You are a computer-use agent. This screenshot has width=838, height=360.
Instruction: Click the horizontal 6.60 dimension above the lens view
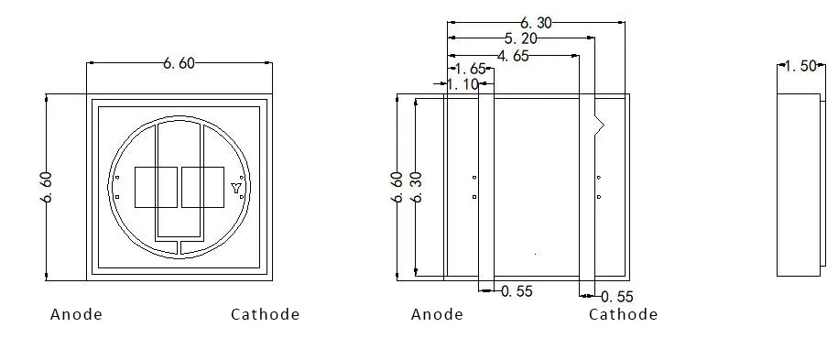179,63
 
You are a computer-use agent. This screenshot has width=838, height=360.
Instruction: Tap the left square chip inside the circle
156,187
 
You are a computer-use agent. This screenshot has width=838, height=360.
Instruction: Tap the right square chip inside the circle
202,187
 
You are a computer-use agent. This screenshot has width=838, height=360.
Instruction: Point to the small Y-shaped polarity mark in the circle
236,189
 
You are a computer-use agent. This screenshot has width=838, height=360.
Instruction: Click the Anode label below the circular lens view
76,314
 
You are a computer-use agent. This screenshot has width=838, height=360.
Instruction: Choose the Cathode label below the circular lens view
265,314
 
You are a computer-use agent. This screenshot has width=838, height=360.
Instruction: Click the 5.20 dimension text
521,39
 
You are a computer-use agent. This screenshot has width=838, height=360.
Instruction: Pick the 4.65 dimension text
513,56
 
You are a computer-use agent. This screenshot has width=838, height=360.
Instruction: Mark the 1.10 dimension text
463,84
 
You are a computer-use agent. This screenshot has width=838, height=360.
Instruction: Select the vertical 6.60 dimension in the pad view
397,187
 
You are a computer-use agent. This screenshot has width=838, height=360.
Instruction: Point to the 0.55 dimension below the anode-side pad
517,291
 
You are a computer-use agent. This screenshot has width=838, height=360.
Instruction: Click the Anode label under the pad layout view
437,314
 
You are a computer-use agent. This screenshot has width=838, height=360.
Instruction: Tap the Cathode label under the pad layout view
623,314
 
